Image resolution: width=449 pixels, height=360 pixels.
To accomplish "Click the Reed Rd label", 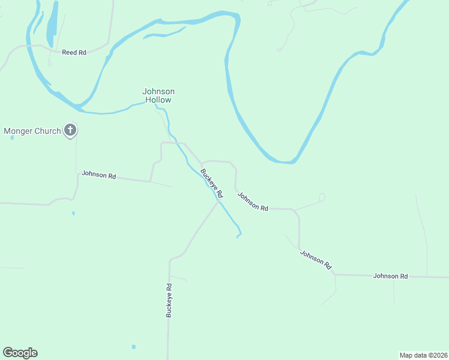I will tap(74, 53).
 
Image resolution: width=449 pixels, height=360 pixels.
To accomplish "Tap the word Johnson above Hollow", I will tap(158, 92).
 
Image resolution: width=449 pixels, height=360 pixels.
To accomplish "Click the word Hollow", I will tap(158, 100).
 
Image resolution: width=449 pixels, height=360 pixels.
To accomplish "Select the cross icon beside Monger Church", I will tap(70, 130).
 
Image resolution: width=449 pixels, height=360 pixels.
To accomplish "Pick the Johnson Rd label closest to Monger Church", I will tap(98, 175).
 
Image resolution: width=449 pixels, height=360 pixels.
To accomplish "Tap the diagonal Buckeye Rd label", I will tap(212, 184).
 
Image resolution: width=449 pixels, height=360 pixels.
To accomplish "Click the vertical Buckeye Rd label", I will tap(170, 300).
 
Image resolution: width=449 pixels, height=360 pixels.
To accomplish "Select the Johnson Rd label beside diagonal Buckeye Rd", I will tap(252, 201).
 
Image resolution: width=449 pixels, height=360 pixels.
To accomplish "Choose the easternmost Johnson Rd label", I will tap(390, 276).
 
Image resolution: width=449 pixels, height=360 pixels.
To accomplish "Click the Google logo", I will tap(20, 353).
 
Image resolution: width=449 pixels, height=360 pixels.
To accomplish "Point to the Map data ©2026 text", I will tap(423, 355).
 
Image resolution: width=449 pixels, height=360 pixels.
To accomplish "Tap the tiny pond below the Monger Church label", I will tap(12, 137).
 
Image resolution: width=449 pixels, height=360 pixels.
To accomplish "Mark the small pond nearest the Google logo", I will tap(133, 347).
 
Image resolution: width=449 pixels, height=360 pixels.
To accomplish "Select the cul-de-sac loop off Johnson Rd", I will tap(322, 196).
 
